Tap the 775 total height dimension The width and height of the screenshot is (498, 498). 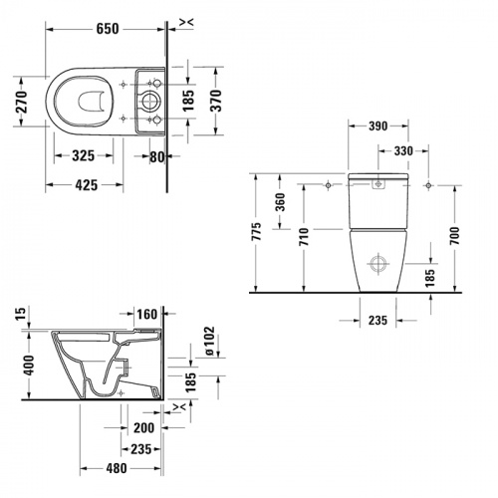259,233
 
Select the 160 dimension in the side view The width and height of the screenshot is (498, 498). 147,315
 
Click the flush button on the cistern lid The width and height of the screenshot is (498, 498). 379,185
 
